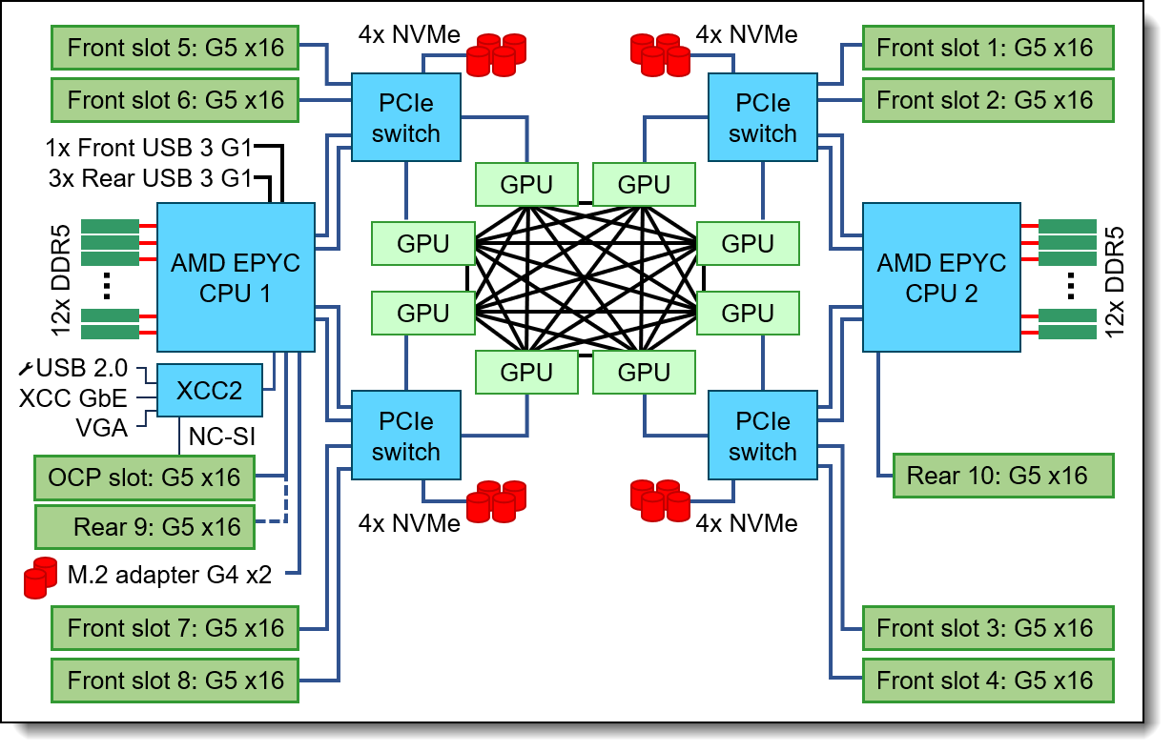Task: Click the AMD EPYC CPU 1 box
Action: [x=236, y=276]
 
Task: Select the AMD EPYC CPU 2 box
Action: [x=941, y=276]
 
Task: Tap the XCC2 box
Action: [x=210, y=389]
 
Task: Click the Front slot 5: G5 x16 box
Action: [x=176, y=47]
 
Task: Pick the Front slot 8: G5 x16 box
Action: [x=176, y=681]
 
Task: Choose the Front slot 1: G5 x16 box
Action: [x=985, y=47]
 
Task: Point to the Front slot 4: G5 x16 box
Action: [x=985, y=681]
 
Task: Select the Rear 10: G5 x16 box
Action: [x=997, y=476]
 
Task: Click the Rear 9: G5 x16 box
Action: [x=144, y=526]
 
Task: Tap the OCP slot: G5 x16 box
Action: [x=144, y=477]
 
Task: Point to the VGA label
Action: [x=101, y=428]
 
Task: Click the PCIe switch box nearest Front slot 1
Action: [x=762, y=118]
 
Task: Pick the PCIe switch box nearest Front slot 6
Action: [x=406, y=118]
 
